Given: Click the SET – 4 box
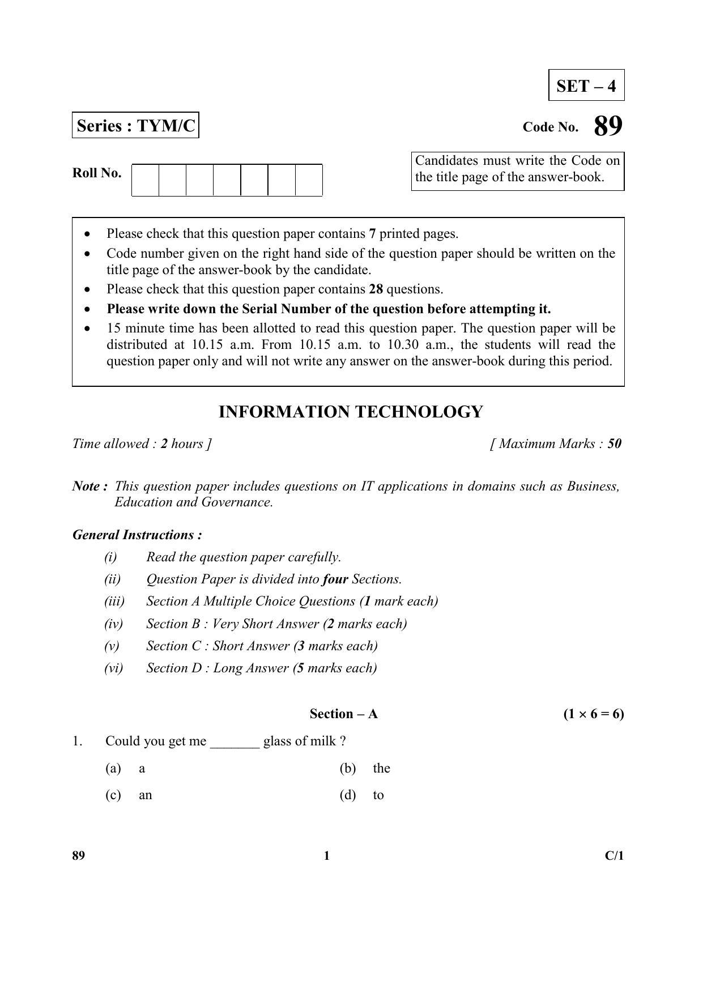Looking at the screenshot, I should pos(586,86).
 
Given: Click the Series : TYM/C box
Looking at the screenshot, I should pos(135,125).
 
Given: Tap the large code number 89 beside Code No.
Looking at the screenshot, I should pos(608,126).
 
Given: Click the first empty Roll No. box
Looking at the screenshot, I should pos(145,180).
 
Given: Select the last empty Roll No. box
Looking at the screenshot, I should pos(309,180).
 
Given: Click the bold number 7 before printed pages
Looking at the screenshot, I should pos(372,233).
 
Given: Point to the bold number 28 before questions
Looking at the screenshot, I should pos(376,289).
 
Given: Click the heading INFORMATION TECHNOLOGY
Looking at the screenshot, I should pos(351,412).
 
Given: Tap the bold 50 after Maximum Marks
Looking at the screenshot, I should pos(614,443).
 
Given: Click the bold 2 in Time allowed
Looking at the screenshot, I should pos(164,443).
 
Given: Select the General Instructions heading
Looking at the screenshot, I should pos(137,535).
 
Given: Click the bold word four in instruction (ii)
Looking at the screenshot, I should pos(335,579).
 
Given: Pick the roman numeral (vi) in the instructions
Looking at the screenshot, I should pos(113,668).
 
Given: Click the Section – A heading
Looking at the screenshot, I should pos(343,714).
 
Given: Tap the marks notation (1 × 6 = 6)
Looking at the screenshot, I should pos(593,714).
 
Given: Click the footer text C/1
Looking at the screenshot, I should pos(613,855).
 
